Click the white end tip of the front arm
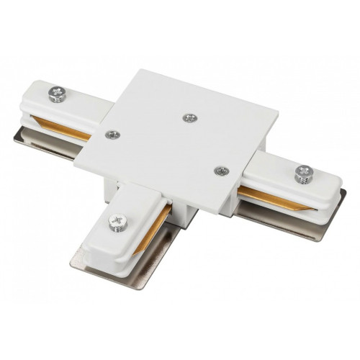(100, 252)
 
